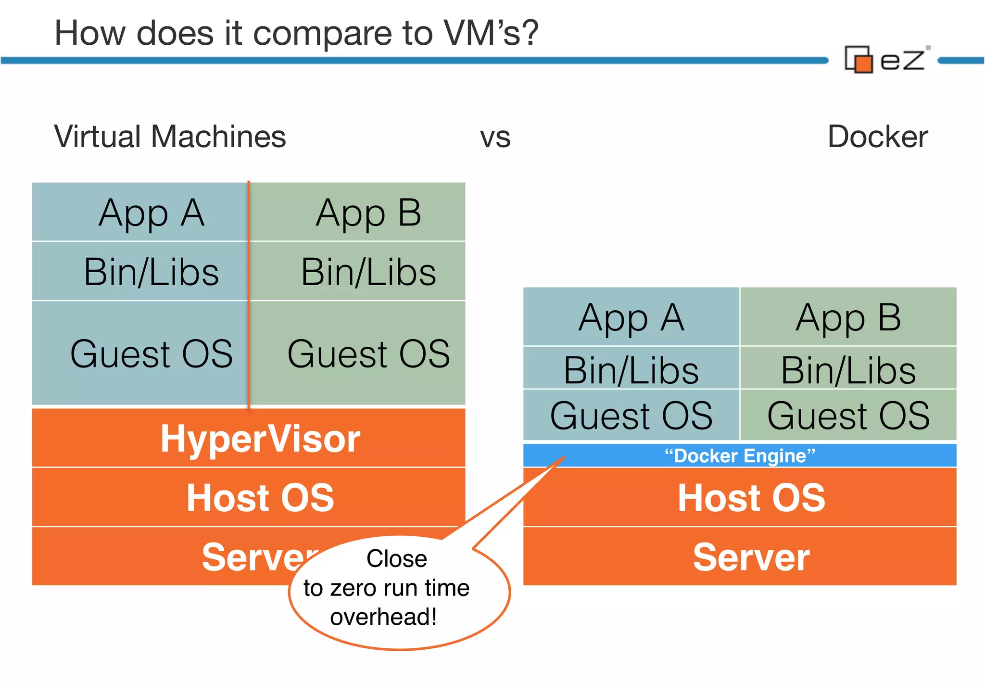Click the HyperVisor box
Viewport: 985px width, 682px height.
[260, 438]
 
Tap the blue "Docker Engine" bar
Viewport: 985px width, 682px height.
[740, 455]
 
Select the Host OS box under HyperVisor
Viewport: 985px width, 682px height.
[260, 497]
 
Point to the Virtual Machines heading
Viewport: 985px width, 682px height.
[170, 137]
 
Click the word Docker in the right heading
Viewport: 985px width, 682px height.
[877, 137]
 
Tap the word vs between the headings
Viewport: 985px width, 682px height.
[495, 138]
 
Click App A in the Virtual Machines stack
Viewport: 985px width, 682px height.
[151, 213]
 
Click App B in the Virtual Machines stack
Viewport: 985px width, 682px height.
[368, 213]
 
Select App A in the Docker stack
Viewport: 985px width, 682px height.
[631, 317]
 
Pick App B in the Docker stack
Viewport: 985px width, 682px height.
[848, 317]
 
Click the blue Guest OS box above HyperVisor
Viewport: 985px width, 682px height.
[151, 354]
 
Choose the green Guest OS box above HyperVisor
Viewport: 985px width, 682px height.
[368, 354]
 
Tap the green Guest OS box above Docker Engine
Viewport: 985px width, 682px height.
[848, 416]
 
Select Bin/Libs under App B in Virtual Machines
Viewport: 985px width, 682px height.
[368, 272]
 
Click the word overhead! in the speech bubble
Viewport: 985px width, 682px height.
[383, 617]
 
